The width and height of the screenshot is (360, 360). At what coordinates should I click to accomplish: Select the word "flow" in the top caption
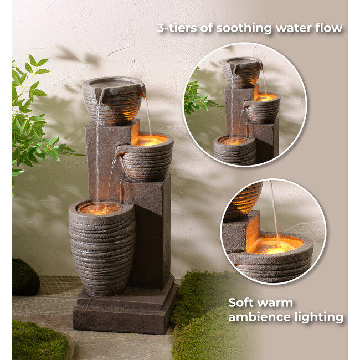pos(330,29)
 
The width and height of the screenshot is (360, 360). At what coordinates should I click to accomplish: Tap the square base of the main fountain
pos(125,310)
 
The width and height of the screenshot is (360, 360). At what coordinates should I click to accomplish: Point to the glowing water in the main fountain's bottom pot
pos(100,209)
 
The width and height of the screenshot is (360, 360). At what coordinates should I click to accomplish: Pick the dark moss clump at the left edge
pos(25,277)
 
